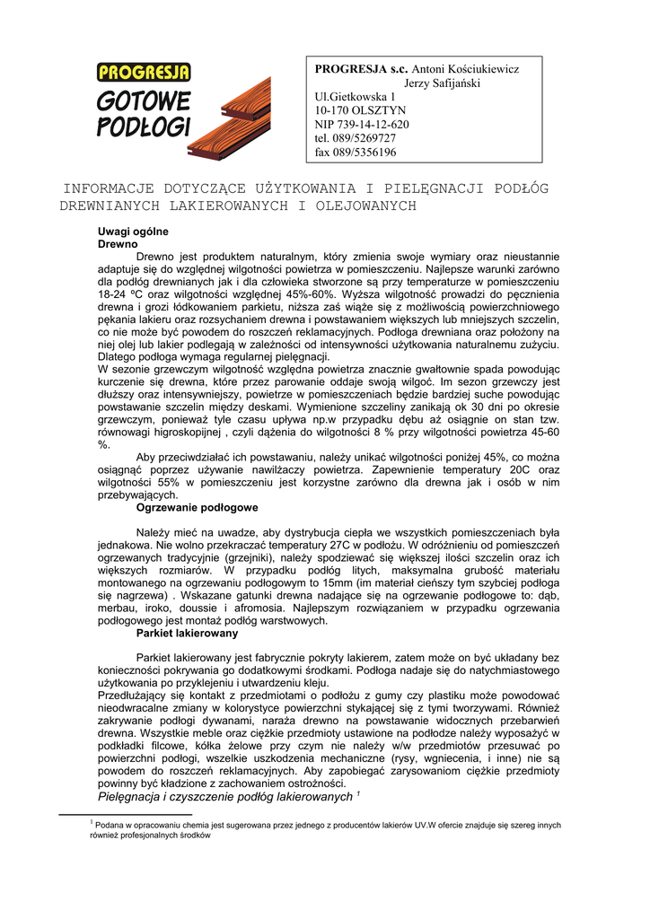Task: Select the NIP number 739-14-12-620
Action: point(362,125)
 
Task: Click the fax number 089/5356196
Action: point(356,153)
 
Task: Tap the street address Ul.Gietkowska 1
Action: point(355,97)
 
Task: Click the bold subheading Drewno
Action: point(117,243)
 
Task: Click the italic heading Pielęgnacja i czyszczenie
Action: point(224,796)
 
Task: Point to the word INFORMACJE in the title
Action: point(109,189)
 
